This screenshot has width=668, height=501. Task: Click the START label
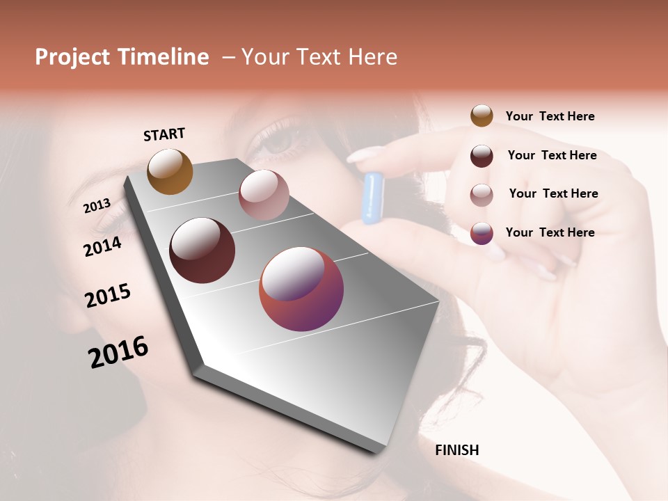[164, 134]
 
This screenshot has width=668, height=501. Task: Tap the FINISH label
[457, 450]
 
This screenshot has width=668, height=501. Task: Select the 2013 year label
[97, 205]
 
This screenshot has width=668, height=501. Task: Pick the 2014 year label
[102, 246]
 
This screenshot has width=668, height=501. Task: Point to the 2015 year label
[108, 296]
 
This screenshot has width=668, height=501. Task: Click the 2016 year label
[118, 351]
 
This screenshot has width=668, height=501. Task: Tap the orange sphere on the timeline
[170, 171]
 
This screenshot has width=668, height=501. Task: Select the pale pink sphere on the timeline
[264, 195]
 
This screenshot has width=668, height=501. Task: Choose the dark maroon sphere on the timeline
[202, 250]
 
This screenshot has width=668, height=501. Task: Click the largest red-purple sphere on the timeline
[301, 289]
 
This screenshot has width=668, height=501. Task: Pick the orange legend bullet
[482, 116]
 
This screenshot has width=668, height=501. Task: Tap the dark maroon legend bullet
[482, 156]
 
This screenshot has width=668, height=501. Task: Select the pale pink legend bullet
[482, 194]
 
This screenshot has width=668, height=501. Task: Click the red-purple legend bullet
[482, 233]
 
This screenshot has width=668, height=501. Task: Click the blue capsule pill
[374, 198]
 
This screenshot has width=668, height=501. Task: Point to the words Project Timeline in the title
[122, 57]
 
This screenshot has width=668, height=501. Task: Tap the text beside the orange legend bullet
[550, 116]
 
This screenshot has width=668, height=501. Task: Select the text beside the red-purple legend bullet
[550, 232]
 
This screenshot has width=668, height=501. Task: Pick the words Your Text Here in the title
[319, 57]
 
